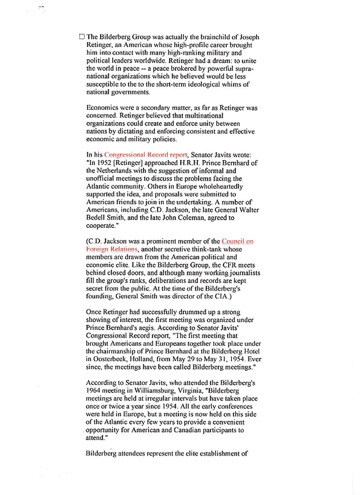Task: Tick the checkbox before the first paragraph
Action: tap(82, 37)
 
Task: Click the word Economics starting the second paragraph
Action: tap(102, 108)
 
